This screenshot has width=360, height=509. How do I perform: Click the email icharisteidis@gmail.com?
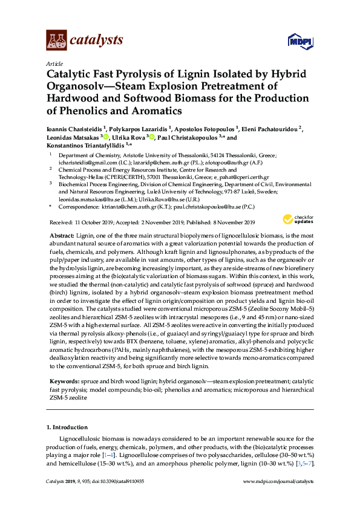point(82,163)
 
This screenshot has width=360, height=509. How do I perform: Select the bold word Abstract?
point(61,235)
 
